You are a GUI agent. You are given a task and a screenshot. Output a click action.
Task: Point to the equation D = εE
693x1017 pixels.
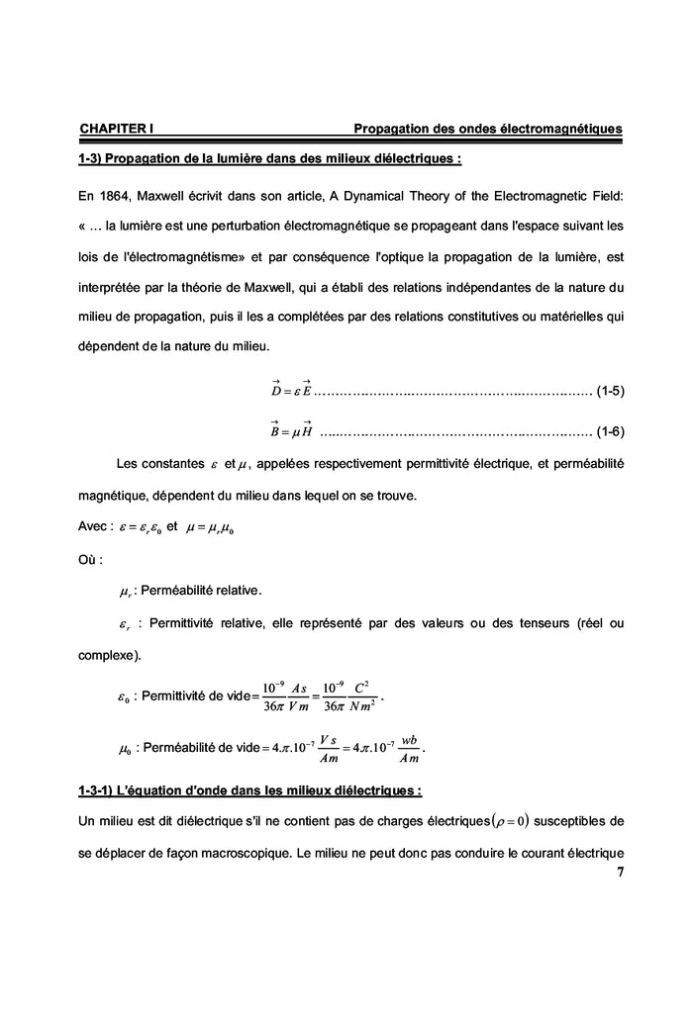291,388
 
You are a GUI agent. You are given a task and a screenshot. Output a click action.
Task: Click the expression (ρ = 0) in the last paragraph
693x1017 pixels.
503,820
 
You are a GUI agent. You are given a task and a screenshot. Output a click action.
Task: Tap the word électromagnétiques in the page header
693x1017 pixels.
556,130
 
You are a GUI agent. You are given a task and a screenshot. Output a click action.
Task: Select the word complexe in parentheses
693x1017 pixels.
107,655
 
